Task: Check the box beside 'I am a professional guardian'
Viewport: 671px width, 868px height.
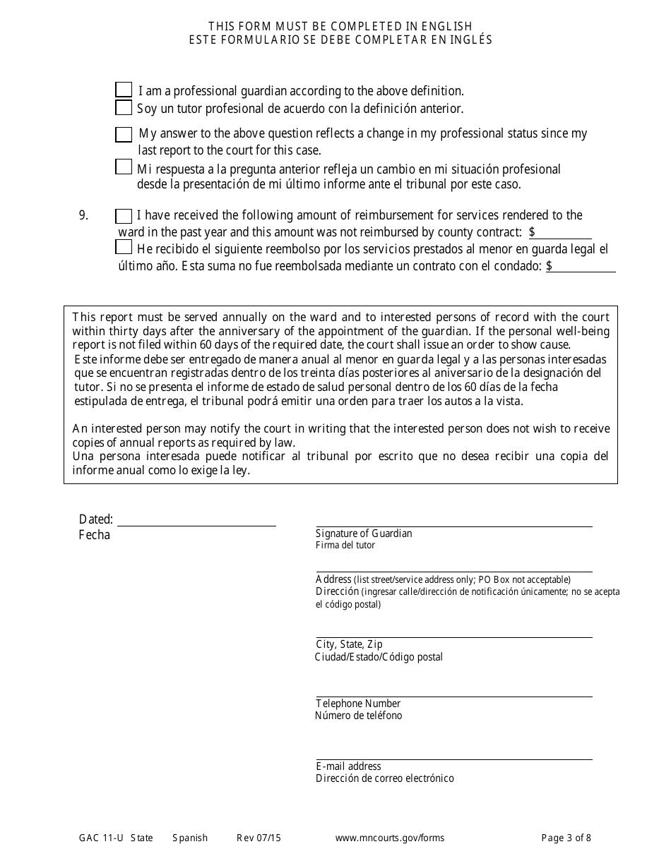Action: (124, 90)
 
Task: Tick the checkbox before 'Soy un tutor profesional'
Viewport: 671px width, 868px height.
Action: (124, 108)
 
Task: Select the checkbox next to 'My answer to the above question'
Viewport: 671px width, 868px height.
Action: (124, 134)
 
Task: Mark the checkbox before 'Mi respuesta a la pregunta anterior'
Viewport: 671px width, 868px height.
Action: (124, 167)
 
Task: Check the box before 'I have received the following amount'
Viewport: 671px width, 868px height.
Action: (124, 216)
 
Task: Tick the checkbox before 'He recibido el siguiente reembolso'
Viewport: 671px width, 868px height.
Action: (124, 247)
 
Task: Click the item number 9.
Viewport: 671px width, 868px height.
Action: (83, 216)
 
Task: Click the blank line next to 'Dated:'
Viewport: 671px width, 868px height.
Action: (196, 520)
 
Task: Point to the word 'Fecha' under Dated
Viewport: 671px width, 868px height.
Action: (95, 535)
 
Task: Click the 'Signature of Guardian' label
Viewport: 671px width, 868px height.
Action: (364, 534)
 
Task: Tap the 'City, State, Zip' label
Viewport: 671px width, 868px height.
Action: (349, 644)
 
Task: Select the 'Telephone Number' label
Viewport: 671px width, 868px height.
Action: (358, 704)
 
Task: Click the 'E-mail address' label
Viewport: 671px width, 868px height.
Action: (348, 766)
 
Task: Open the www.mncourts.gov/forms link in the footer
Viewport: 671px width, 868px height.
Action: (390, 838)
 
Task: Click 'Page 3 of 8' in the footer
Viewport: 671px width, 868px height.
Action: (566, 838)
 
